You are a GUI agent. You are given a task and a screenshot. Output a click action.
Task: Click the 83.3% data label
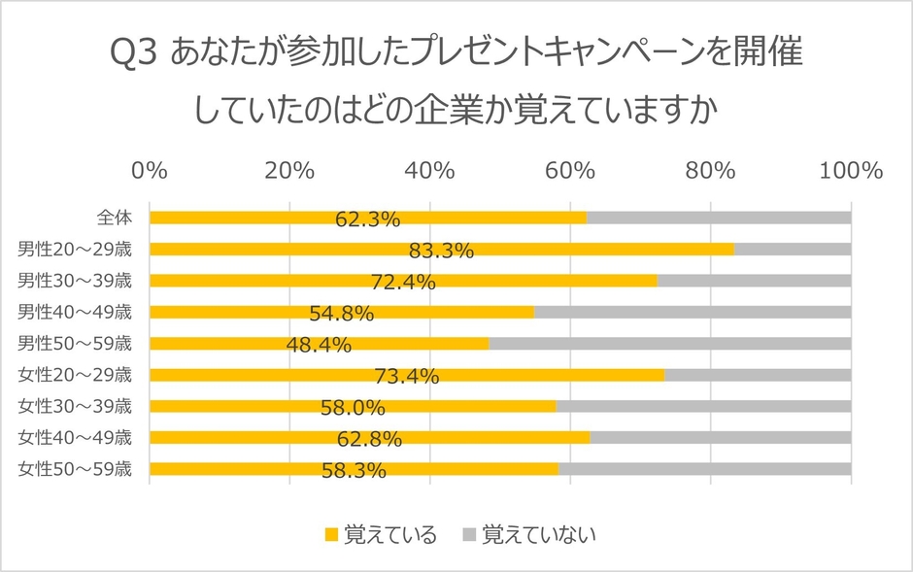[x=441, y=252]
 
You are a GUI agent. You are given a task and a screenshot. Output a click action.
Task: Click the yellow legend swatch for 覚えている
[x=331, y=534]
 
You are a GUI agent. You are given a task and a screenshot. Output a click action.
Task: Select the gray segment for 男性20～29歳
[x=793, y=249]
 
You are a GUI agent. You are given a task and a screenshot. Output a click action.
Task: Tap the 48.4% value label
[x=319, y=346]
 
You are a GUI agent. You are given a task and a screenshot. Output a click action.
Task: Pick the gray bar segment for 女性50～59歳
[x=705, y=470]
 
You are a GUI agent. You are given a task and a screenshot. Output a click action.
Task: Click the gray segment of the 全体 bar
[x=719, y=218]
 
